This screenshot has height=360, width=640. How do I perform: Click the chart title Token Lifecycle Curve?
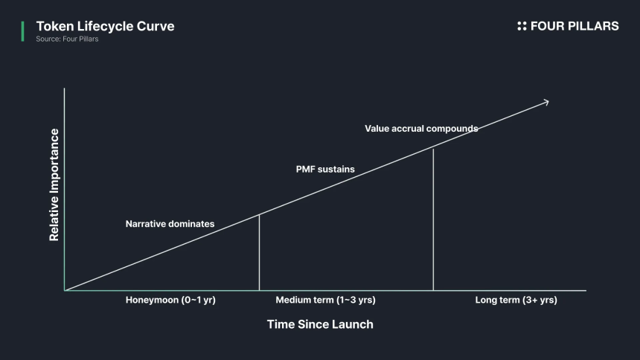(105, 27)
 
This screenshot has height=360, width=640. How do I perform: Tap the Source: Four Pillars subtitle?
(67, 39)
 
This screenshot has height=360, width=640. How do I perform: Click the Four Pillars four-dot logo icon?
(522, 26)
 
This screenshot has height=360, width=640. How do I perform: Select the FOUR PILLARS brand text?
(574, 26)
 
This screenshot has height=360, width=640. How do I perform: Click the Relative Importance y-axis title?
(54, 185)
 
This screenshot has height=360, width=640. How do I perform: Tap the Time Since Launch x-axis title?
(320, 324)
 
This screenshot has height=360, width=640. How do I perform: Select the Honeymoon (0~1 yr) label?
(170, 300)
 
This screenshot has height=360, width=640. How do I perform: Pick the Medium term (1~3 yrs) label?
(325, 300)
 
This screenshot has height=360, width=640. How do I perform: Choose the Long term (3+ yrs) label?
(516, 300)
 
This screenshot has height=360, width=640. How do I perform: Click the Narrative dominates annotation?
(170, 224)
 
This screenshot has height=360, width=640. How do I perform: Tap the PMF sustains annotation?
(325, 170)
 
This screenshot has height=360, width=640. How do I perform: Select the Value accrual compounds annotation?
(421, 129)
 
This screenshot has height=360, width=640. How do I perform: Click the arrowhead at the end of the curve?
(546, 102)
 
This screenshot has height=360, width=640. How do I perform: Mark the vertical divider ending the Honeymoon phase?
(259, 253)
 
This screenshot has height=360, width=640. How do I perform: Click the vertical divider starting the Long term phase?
(433, 219)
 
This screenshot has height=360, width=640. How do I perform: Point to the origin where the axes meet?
(65, 290)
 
